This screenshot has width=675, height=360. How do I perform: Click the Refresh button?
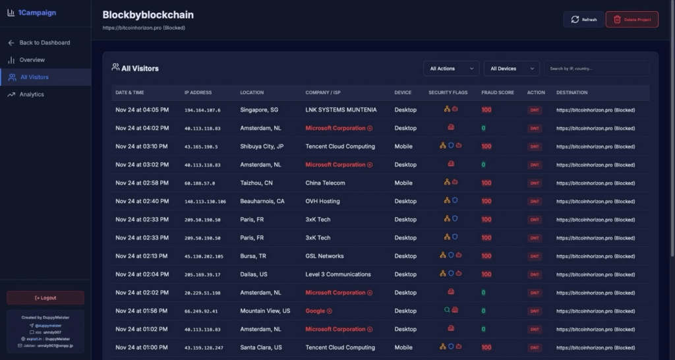(583, 20)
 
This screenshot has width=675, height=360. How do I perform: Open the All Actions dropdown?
(451, 69)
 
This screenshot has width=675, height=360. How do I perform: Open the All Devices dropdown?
(512, 69)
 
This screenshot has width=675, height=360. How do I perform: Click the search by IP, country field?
(597, 69)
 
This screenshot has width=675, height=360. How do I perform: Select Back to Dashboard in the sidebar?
(44, 43)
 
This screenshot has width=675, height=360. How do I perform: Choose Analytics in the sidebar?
(31, 94)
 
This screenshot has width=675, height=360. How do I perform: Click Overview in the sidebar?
(32, 60)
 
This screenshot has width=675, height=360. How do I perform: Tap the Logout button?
(45, 298)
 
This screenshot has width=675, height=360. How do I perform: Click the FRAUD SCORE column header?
(498, 92)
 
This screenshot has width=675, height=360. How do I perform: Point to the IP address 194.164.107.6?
(202, 110)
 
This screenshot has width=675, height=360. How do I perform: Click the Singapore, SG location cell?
(259, 110)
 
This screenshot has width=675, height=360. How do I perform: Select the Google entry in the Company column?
(315, 311)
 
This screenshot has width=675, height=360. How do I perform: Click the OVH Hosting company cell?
(322, 201)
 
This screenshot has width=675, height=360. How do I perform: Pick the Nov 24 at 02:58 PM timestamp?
(142, 183)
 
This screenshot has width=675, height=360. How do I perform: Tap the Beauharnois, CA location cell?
(262, 201)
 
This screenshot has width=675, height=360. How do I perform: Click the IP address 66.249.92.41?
(201, 311)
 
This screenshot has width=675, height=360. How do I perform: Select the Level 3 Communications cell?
(337, 274)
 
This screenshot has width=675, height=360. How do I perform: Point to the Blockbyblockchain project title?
(148, 15)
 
